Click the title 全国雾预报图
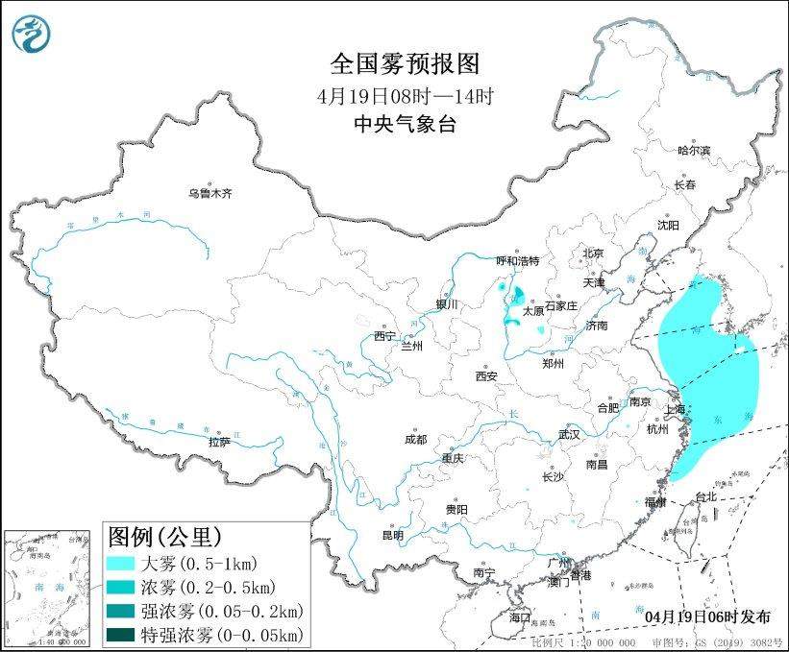click(x=404, y=64)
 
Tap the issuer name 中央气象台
click(x=404, y=123)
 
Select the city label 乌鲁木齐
click(x=210, y=193)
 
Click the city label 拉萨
click(x=219, y=442)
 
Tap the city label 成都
click(x=415, y=440)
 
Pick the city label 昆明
click(x=392, y=535)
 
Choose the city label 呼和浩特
click(x=518, y=260)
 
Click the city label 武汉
click(x=569, y=434)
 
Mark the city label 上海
click(x=675, y=410)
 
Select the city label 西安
click(x=485, y=376)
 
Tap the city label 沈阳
click(x=668, y=225)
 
